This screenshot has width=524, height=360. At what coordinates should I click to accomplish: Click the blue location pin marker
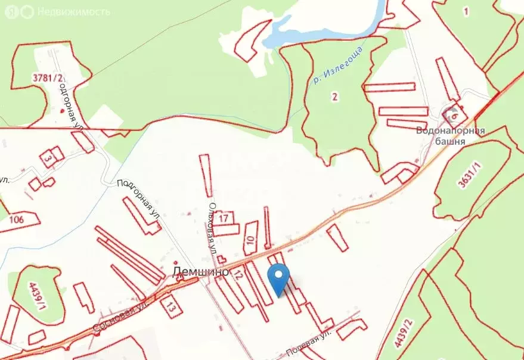click(x=279, y=278)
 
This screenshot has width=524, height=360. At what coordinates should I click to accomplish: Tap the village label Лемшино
click(x=200, y=271)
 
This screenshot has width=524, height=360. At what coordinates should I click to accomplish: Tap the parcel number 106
click(x=17, y=220)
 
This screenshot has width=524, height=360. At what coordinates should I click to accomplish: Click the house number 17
click(x=224, y=218)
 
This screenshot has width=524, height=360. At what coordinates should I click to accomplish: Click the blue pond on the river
click(x=322, y=24)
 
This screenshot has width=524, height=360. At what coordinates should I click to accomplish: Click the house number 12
click(x=238, y=275)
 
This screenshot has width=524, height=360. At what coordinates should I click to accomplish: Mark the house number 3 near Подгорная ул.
click(x=46, y=158)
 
